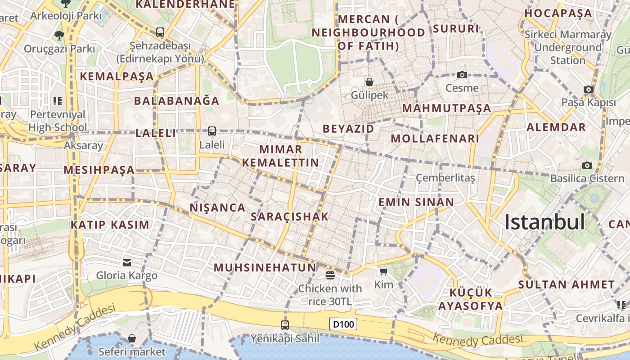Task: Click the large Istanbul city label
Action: [544, 222]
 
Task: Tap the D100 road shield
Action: [343, 324]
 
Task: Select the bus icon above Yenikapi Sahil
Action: [285, 325]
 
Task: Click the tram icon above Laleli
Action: [212, 131]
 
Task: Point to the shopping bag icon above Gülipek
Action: [369, 82]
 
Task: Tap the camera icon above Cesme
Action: [462, 75]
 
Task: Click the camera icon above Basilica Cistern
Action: [587, 165]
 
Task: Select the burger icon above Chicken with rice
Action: [330, 275]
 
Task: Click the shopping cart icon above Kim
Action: [383, 271]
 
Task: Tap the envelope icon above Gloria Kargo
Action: [127, 262]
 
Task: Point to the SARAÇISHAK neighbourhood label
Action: [290, 216]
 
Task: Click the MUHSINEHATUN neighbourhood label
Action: [265, 267]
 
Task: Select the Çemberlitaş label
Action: [445, 178]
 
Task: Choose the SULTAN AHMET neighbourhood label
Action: [566, 284]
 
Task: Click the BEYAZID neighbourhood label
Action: [348, 129]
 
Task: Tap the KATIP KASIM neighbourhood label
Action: [110, 225]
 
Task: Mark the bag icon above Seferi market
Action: [132, 338]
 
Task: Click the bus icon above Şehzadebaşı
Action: [160, 32]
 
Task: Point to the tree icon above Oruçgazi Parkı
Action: [59, 35]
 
